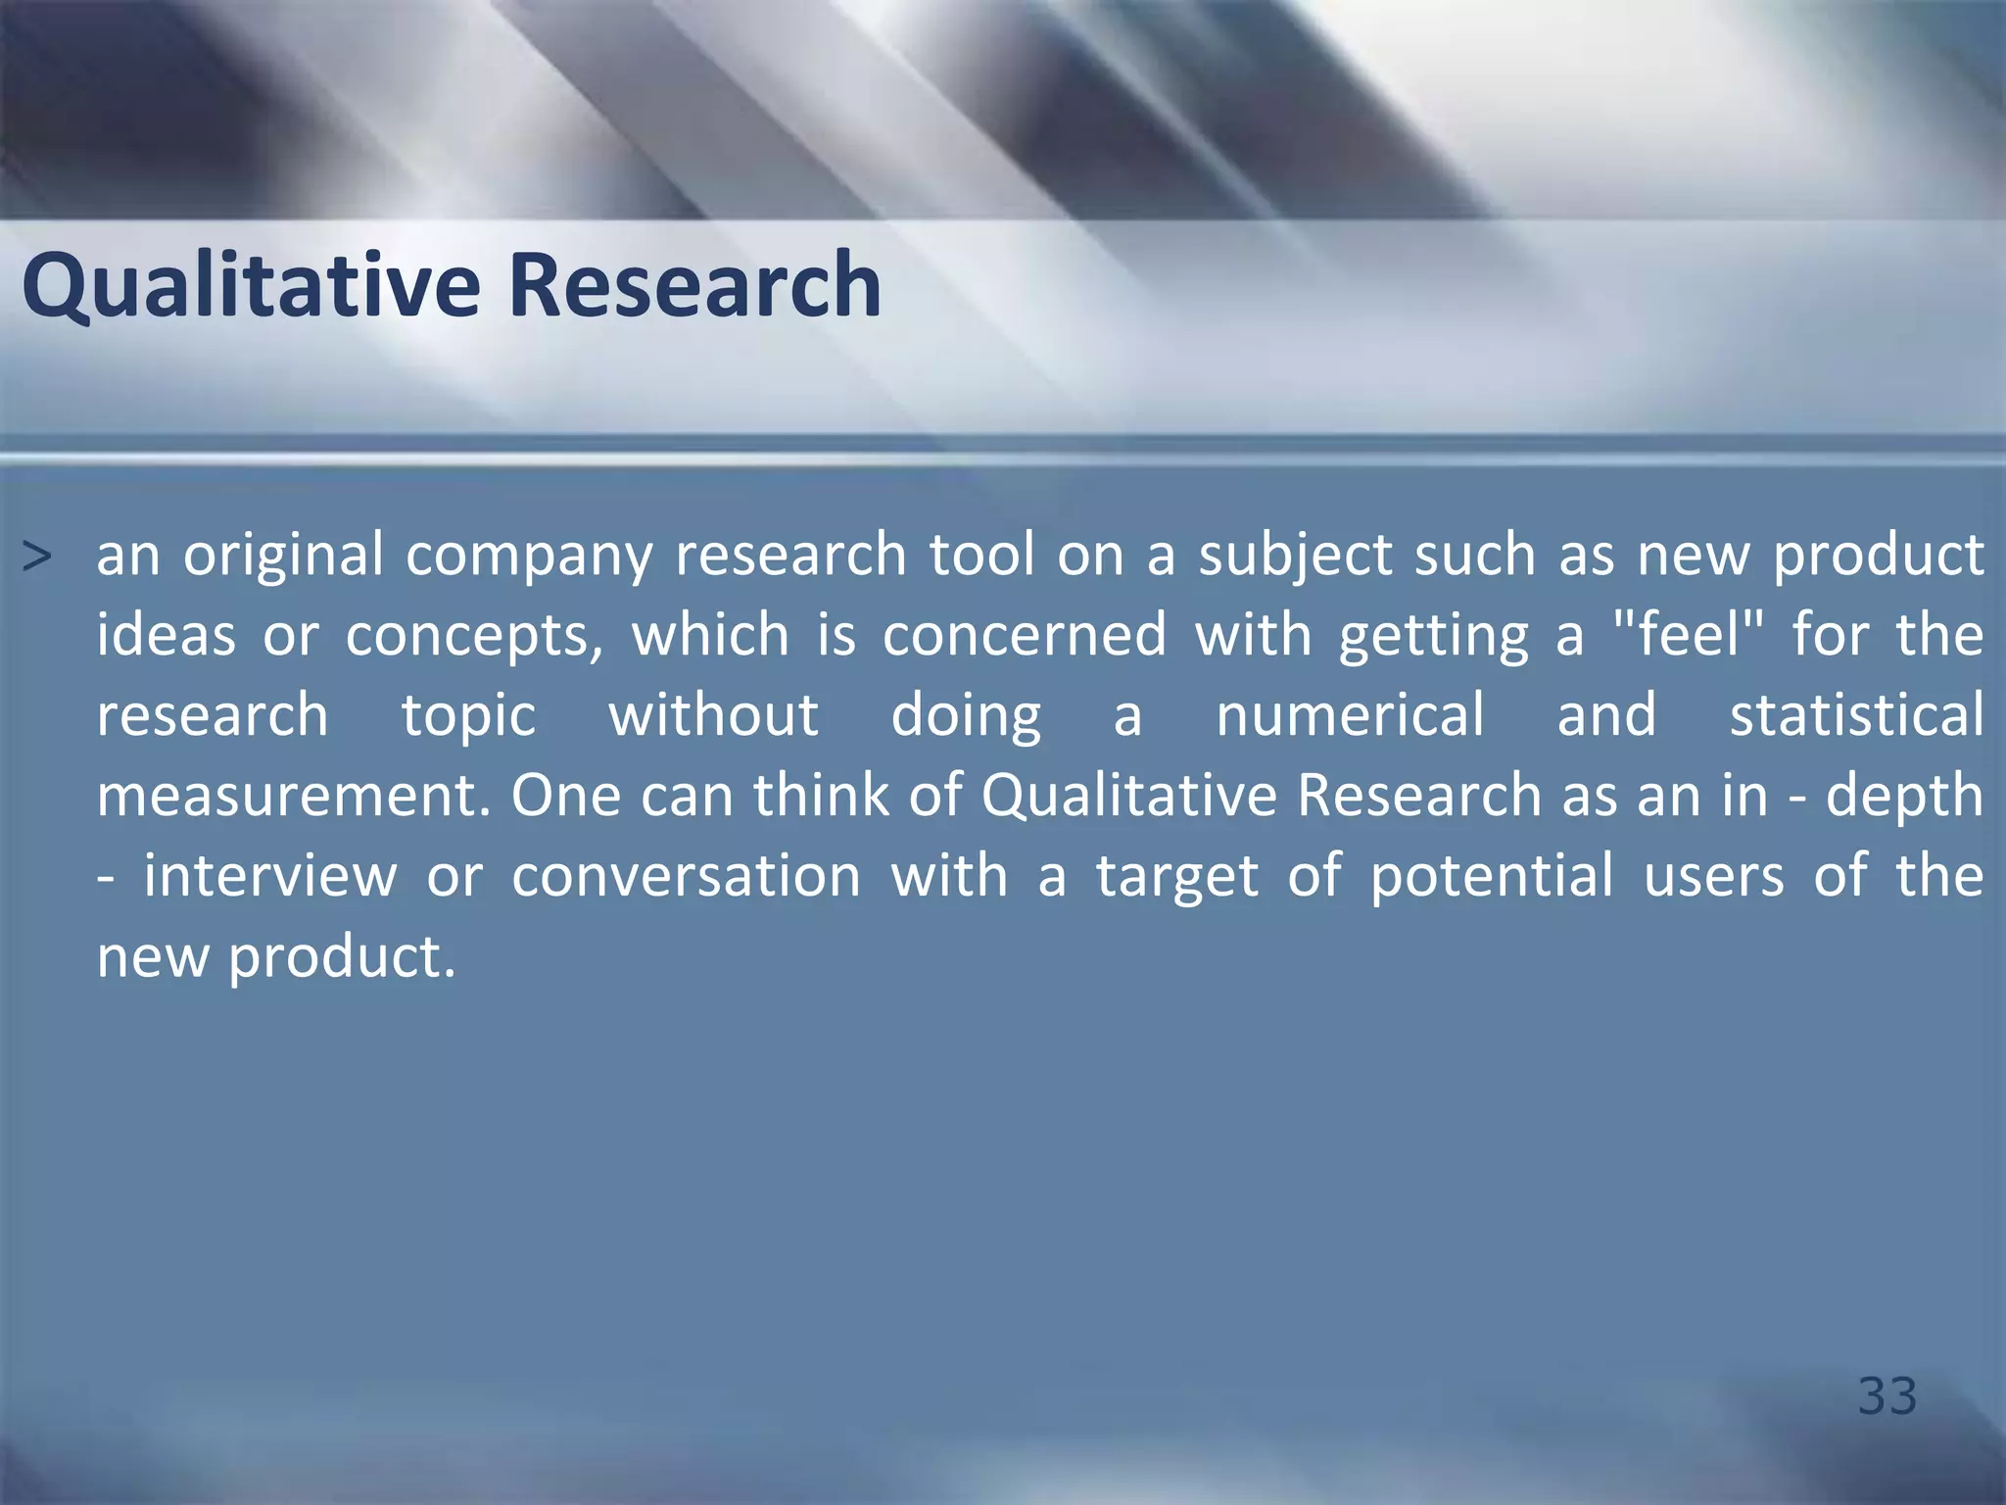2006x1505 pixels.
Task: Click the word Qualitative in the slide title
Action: click(x=251, y=286)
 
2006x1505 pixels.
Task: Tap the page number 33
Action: click(x=1887, y=1395)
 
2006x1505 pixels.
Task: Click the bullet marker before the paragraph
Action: click(x=36, y=557)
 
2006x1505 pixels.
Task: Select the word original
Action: click(x=284, y=557)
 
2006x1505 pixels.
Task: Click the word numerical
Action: click(x=1350, y=715)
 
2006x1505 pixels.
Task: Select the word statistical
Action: click(x=1856, y=715)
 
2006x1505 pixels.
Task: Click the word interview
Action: click(x=270, y=876)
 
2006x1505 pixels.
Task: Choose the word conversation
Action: click(x=686, y=876)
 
